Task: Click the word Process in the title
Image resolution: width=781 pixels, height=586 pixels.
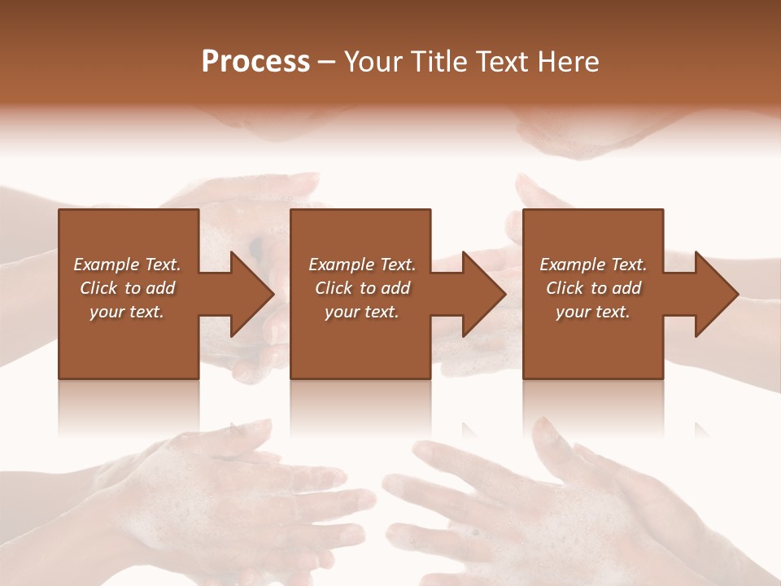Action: (x=255, y=62)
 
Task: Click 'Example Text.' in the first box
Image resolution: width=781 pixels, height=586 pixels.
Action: (x=127, y=265)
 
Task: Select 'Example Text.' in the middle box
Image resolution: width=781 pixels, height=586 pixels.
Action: (x=362, y=265)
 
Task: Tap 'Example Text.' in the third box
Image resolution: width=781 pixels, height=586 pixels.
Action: (x=593, y=265)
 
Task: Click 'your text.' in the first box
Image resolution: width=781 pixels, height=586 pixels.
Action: (x=127, y=312)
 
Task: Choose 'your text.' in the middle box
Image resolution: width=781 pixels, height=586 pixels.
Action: (x=362, y=312)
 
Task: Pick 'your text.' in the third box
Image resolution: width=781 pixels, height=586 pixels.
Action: (x=593, y=312)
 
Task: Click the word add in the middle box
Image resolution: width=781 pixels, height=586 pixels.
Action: (x=395, y=288)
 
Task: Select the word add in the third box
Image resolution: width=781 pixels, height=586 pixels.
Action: (x=626, y=288)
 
